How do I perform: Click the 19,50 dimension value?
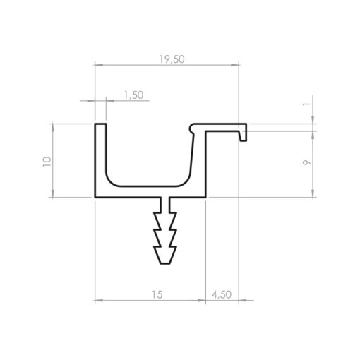point(172,59)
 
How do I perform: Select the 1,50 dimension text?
point(133,95)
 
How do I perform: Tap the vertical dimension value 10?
point(47,162)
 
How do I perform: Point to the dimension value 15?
point(157,294)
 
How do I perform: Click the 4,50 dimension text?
point(222,294)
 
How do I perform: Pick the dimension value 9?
point(306,162)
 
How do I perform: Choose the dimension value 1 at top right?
point(307,104)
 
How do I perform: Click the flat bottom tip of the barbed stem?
point(165,263)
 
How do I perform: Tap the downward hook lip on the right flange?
point(243,136)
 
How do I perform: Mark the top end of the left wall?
point(100,124)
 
